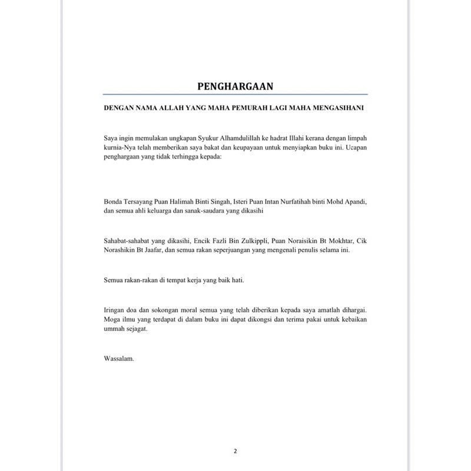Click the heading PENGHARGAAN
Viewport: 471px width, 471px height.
point(235,86)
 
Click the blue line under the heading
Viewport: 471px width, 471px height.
point(235,94)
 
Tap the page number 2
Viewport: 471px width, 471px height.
point(235,452)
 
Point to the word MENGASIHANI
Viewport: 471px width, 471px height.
point(337,108)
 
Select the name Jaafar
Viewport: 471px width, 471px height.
point(172,250)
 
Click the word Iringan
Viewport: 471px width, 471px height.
point(114,309)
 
